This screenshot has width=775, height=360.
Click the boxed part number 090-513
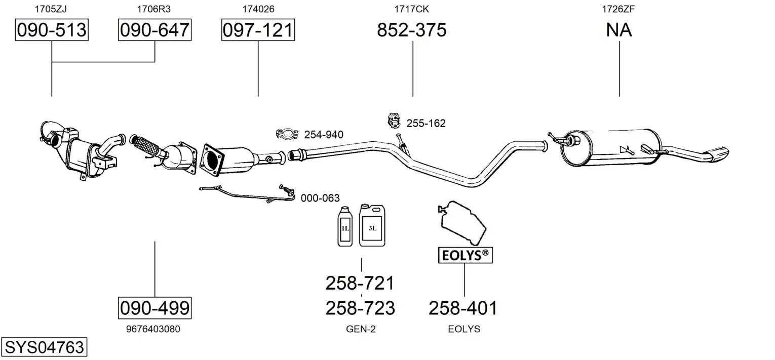[52, 30]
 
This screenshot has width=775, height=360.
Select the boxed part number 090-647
[154, 30]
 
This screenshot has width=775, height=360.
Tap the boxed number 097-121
[258, 30]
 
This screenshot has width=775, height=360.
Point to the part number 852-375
[412, 30]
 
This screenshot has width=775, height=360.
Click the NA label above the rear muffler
[619, 30]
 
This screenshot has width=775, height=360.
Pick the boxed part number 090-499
[154, 307]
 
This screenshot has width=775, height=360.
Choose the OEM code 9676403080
[153, 329]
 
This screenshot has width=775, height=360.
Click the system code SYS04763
[44, 347]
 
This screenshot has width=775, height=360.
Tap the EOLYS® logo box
[464, 255]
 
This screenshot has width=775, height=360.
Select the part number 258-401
[463, 308]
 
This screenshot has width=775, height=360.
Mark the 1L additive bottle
[345, 226]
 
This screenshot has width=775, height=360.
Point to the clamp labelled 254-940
[287, 134]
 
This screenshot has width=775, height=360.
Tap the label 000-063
[320, 198]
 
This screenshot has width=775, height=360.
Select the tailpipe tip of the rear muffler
[717, 154]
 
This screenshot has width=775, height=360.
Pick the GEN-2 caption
[361, 329]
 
